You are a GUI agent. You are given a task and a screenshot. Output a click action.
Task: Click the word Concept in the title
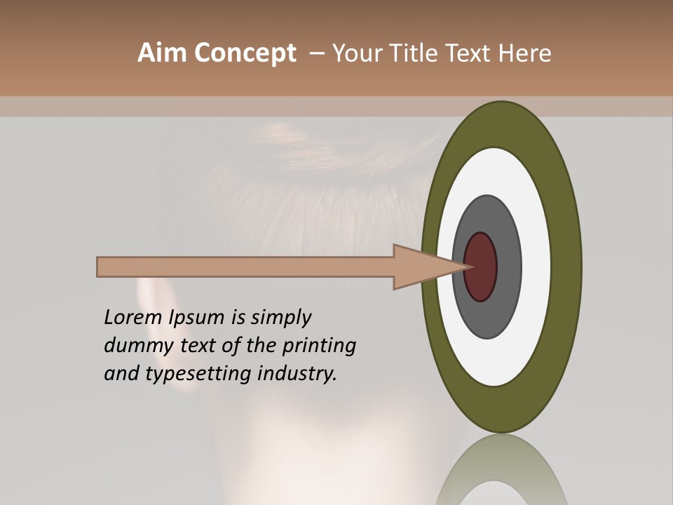pyautogui.click(x=245, y=53)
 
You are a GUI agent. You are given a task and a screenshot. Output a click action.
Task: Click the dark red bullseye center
pyautogui.click(x=481, y=267)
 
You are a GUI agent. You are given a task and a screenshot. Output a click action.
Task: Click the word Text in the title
pyautogui.click(x=466, y=53)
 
